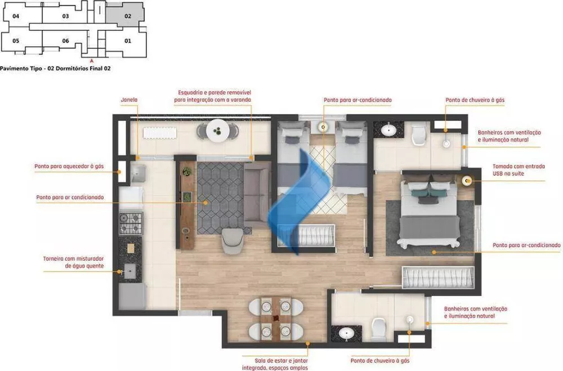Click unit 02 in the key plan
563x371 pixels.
tap(128, 16)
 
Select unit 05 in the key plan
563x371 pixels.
tap(16, 41)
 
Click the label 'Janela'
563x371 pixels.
tap(128, 100)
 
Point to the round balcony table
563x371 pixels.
tap(217, 132)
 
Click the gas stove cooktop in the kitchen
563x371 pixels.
tap(131, 222)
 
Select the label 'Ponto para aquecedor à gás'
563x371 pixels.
tap(69, 166)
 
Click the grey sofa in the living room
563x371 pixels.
tap(257, 194)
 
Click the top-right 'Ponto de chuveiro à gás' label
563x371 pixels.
tap(475, 100)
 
